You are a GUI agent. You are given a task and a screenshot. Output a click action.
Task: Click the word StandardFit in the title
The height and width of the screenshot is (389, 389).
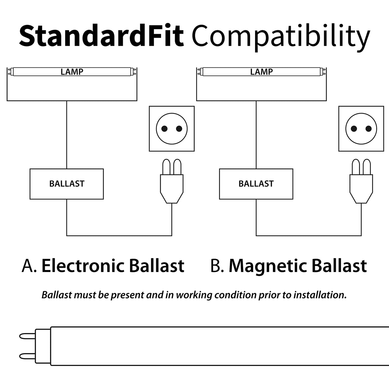click(x=101, y=36)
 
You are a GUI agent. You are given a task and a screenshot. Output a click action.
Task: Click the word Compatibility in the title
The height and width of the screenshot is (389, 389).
click(x=281, y=38)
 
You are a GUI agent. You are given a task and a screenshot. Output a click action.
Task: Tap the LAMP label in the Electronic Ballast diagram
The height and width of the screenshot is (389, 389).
click(x=72, y=72)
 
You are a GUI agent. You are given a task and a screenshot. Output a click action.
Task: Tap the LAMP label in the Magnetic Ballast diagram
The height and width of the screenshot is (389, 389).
click(x=261, y=72)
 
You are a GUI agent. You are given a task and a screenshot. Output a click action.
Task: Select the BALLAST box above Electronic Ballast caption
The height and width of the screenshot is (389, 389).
click(x=67, y=184)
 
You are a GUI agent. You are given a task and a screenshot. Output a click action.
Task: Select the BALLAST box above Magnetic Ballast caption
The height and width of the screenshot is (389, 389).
click(x=256, y=184)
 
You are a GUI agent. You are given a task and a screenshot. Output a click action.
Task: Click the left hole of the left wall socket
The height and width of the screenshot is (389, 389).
click(x=164, y=129)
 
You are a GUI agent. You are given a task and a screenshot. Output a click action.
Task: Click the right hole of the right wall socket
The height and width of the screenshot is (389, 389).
click(x=368, y=129)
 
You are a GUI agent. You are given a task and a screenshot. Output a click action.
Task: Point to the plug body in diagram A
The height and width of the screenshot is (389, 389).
click(x=171, y=189)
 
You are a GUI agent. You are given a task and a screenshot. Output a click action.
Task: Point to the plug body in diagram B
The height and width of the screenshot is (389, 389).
click(x=361, y=189)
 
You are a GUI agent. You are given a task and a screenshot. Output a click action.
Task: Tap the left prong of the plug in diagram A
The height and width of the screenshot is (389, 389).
click(x=166, y=167)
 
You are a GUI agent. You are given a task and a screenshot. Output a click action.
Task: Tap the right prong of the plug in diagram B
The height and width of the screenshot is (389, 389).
click(x=367, y=167)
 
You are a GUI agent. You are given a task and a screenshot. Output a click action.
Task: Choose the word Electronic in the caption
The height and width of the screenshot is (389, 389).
click(x=83, y=266)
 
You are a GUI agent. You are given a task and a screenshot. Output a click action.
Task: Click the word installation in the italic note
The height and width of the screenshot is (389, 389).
click(x=320, y=295)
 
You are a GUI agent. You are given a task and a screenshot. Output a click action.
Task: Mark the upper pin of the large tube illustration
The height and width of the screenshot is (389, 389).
click(x=28, y=336)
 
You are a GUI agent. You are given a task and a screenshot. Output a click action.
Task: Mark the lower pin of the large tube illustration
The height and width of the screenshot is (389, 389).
click(x=28, y=356)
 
